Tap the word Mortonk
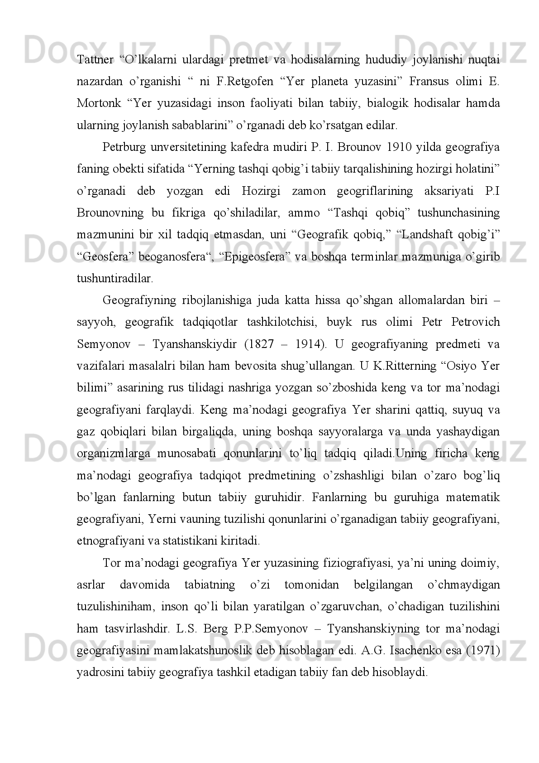(99, 103)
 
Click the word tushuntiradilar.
(115, 279)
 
